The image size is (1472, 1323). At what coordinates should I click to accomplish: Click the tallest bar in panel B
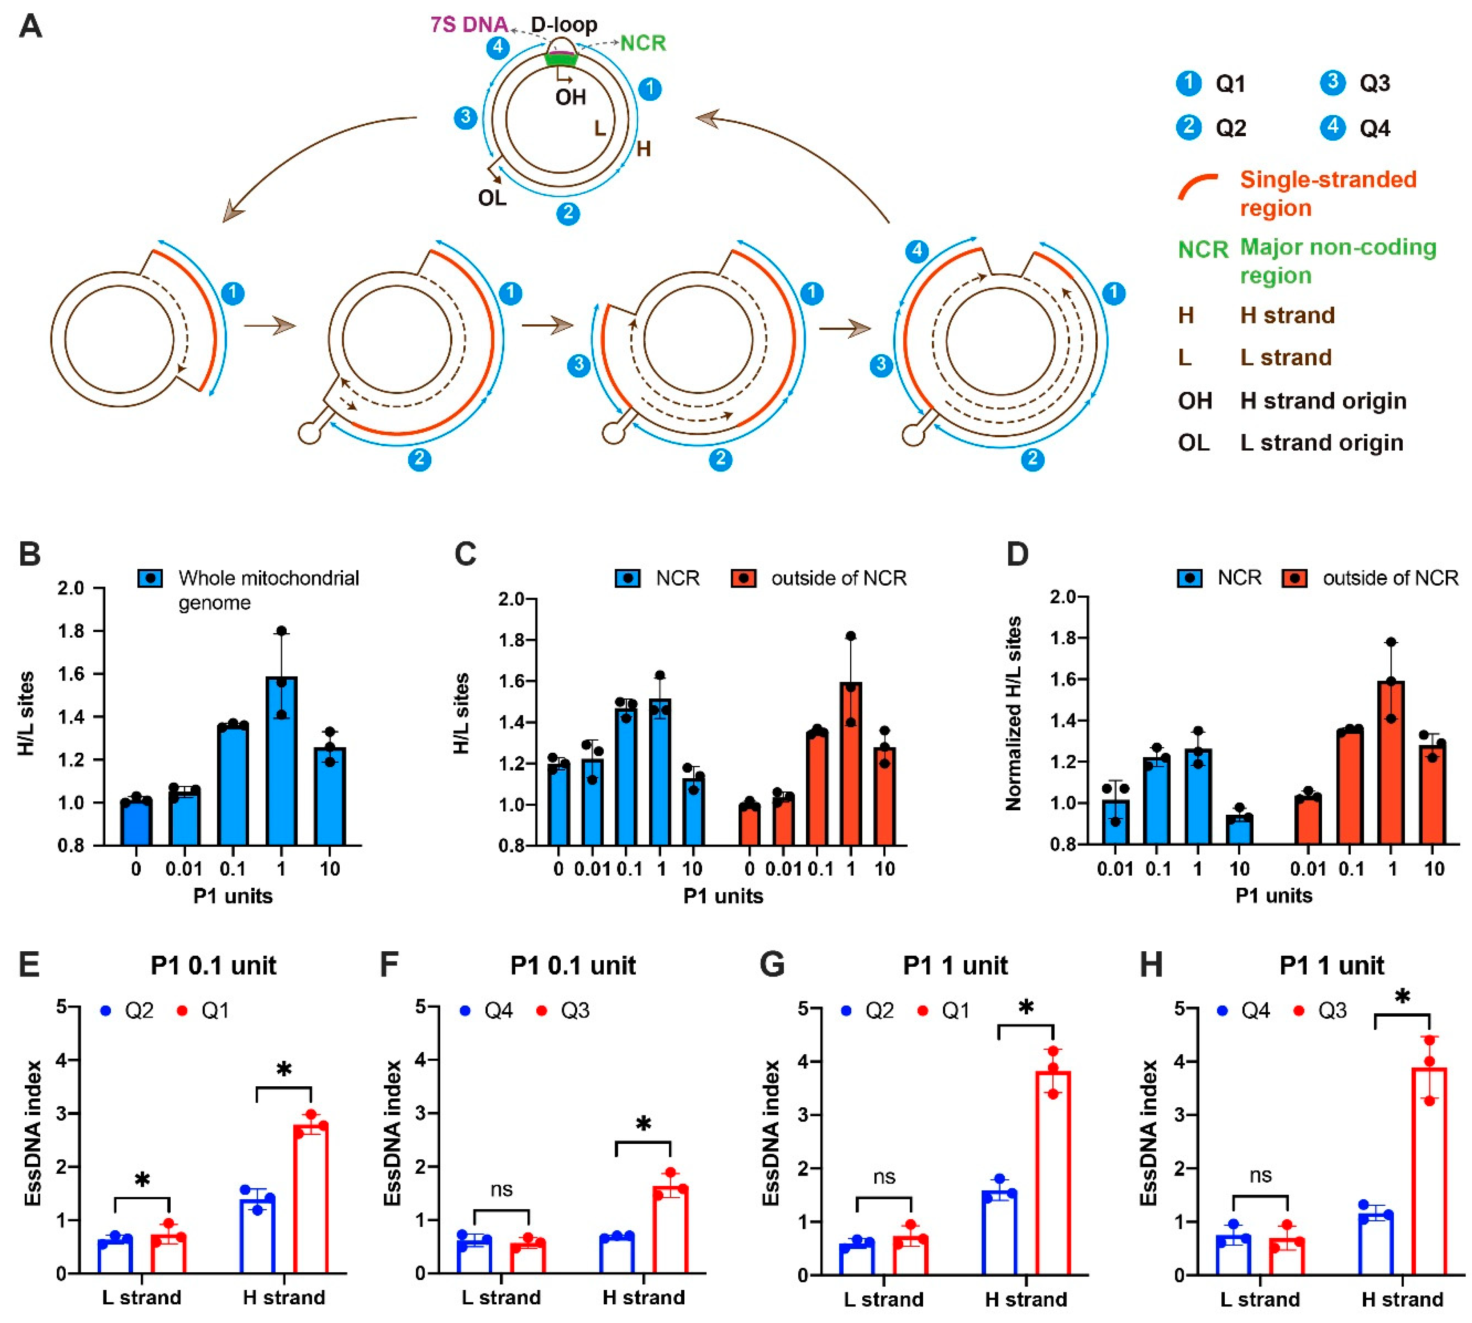point(281,760)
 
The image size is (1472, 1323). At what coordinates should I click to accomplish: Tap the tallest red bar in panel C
point(851,763)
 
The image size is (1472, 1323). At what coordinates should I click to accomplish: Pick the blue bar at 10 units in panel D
point(1238,828)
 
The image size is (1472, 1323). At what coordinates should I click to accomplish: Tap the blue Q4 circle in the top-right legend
point(1333,127)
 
